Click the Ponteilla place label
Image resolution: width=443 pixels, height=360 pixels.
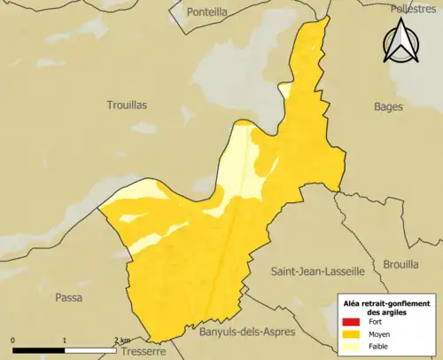tap(209, 13)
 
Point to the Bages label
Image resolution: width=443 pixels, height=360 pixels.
tap(388, 106)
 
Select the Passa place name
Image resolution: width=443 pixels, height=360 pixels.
tap(68, 297)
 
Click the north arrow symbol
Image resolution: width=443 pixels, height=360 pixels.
tap(400, 42)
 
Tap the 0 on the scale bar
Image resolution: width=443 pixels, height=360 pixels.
tap(13, 340)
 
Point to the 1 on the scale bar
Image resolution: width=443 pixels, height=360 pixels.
tap(65, 340)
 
